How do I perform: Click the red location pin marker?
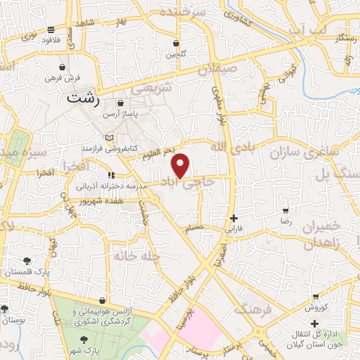click(181, 165)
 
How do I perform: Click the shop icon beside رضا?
click(285, 210)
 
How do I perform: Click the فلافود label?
click(51, 40)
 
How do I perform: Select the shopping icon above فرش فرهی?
click(63, 67)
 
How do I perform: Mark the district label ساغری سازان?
click(328, 153)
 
